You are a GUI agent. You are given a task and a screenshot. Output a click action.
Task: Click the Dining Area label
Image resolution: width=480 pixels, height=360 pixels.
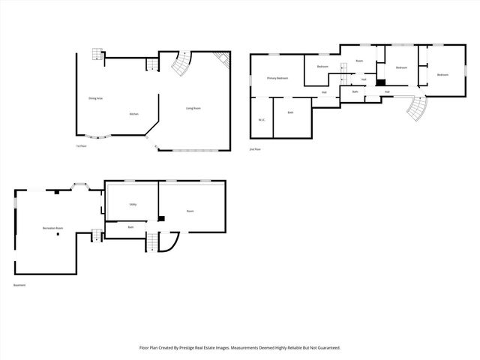[95, 98]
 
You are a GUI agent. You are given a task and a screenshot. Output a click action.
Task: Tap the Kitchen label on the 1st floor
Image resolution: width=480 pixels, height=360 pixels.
[133, 113]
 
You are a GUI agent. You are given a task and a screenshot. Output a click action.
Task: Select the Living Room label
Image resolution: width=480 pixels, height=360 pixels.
[193, 108]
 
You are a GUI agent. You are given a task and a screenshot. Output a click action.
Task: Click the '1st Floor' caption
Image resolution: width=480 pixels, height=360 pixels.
[79, 145]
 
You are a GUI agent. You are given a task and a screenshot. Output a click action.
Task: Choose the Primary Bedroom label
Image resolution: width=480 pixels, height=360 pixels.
[277, 78]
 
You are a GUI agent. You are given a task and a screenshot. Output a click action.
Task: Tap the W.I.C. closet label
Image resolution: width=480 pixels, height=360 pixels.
[262, 119]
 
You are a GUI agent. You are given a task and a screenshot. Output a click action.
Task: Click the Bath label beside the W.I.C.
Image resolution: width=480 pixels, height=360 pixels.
[290, 112]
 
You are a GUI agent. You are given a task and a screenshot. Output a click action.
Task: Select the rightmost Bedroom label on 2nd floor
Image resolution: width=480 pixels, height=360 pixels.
[442, 74]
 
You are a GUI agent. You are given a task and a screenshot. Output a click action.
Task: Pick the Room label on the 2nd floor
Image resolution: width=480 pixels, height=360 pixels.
[359, 60]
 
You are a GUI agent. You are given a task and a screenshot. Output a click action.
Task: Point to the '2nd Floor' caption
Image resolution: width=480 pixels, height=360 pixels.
[255, 150]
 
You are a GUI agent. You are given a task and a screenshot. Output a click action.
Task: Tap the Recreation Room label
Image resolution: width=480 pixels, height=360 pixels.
[52, 227]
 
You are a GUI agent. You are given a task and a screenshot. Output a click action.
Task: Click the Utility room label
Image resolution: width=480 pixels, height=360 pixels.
[132, 203]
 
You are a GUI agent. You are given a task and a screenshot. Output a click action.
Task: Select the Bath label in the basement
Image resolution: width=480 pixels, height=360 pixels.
[130, 226]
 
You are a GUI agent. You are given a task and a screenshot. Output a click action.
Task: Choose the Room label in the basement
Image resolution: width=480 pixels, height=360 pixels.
[190, 211]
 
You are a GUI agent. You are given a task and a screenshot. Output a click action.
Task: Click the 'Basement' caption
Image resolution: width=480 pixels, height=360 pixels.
[19, 285]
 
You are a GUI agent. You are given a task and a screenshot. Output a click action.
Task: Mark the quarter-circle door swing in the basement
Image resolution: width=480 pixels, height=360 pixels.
[170, 243]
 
